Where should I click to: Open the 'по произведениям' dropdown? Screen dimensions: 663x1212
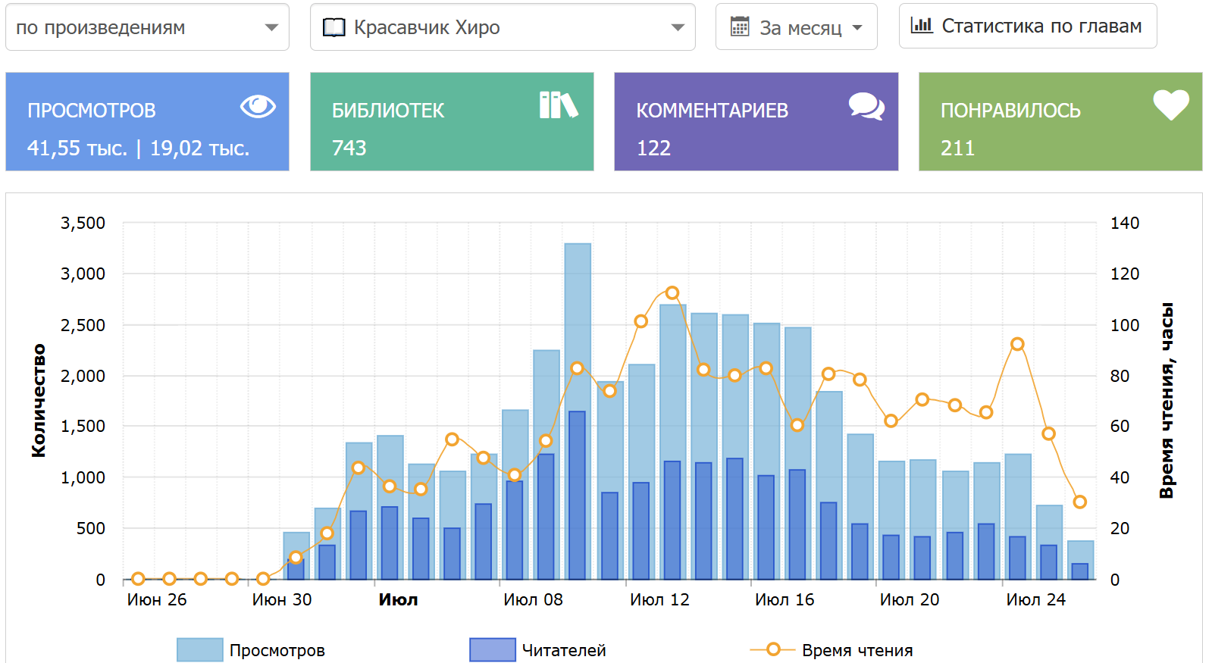(147, 28)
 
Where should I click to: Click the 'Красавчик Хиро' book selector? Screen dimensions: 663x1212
(502, 28)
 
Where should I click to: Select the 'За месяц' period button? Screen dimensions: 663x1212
(796, 28)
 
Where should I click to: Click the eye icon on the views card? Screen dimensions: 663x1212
(258, 106)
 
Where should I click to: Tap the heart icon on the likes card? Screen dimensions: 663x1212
(1171, 105)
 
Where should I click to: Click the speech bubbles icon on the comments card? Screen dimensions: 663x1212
(866, 106)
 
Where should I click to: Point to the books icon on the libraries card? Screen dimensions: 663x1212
(559, 105)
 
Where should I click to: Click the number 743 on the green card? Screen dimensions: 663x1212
(349, 148)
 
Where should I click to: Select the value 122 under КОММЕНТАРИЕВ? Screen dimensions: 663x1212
(653, 148)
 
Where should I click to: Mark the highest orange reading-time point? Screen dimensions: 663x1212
(672, 292)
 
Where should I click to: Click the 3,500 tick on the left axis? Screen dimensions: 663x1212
(83, 223)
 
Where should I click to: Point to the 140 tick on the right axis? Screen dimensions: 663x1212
(1124, 223)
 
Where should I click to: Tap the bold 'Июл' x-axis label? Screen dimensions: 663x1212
(398, 600)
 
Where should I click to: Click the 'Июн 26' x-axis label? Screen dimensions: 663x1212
(156, 600)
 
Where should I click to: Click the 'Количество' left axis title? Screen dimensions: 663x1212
(39, 401)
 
